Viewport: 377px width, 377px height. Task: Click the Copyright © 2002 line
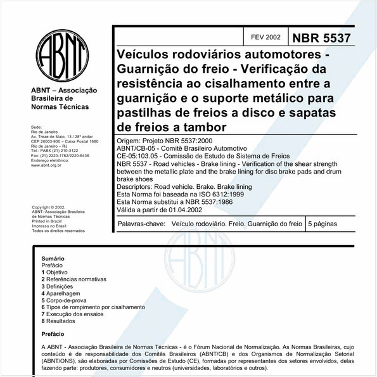[x=49, y=207]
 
